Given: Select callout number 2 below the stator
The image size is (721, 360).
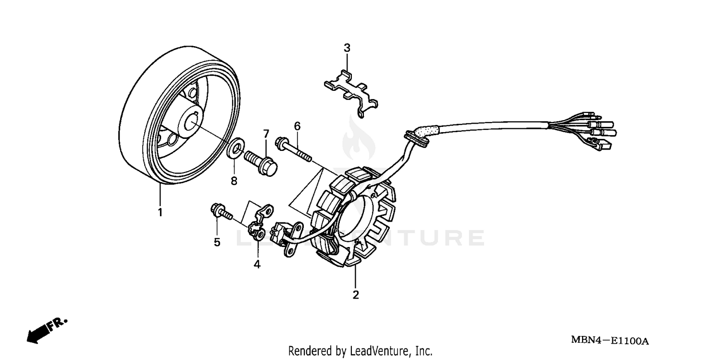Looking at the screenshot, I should tap(356, 295).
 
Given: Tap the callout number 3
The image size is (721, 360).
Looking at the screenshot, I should tap(347, 48).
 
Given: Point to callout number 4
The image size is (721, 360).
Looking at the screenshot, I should tap(257, 264).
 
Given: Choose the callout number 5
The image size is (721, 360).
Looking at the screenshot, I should tap(217, 242).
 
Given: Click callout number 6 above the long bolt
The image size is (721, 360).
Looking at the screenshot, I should tap(297, 126).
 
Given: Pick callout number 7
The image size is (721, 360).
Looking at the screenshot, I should tap(265, 133).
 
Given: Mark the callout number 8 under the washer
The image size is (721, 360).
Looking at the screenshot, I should tap(234, 181).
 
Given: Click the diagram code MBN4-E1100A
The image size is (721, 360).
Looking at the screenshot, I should tap(609, 341).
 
